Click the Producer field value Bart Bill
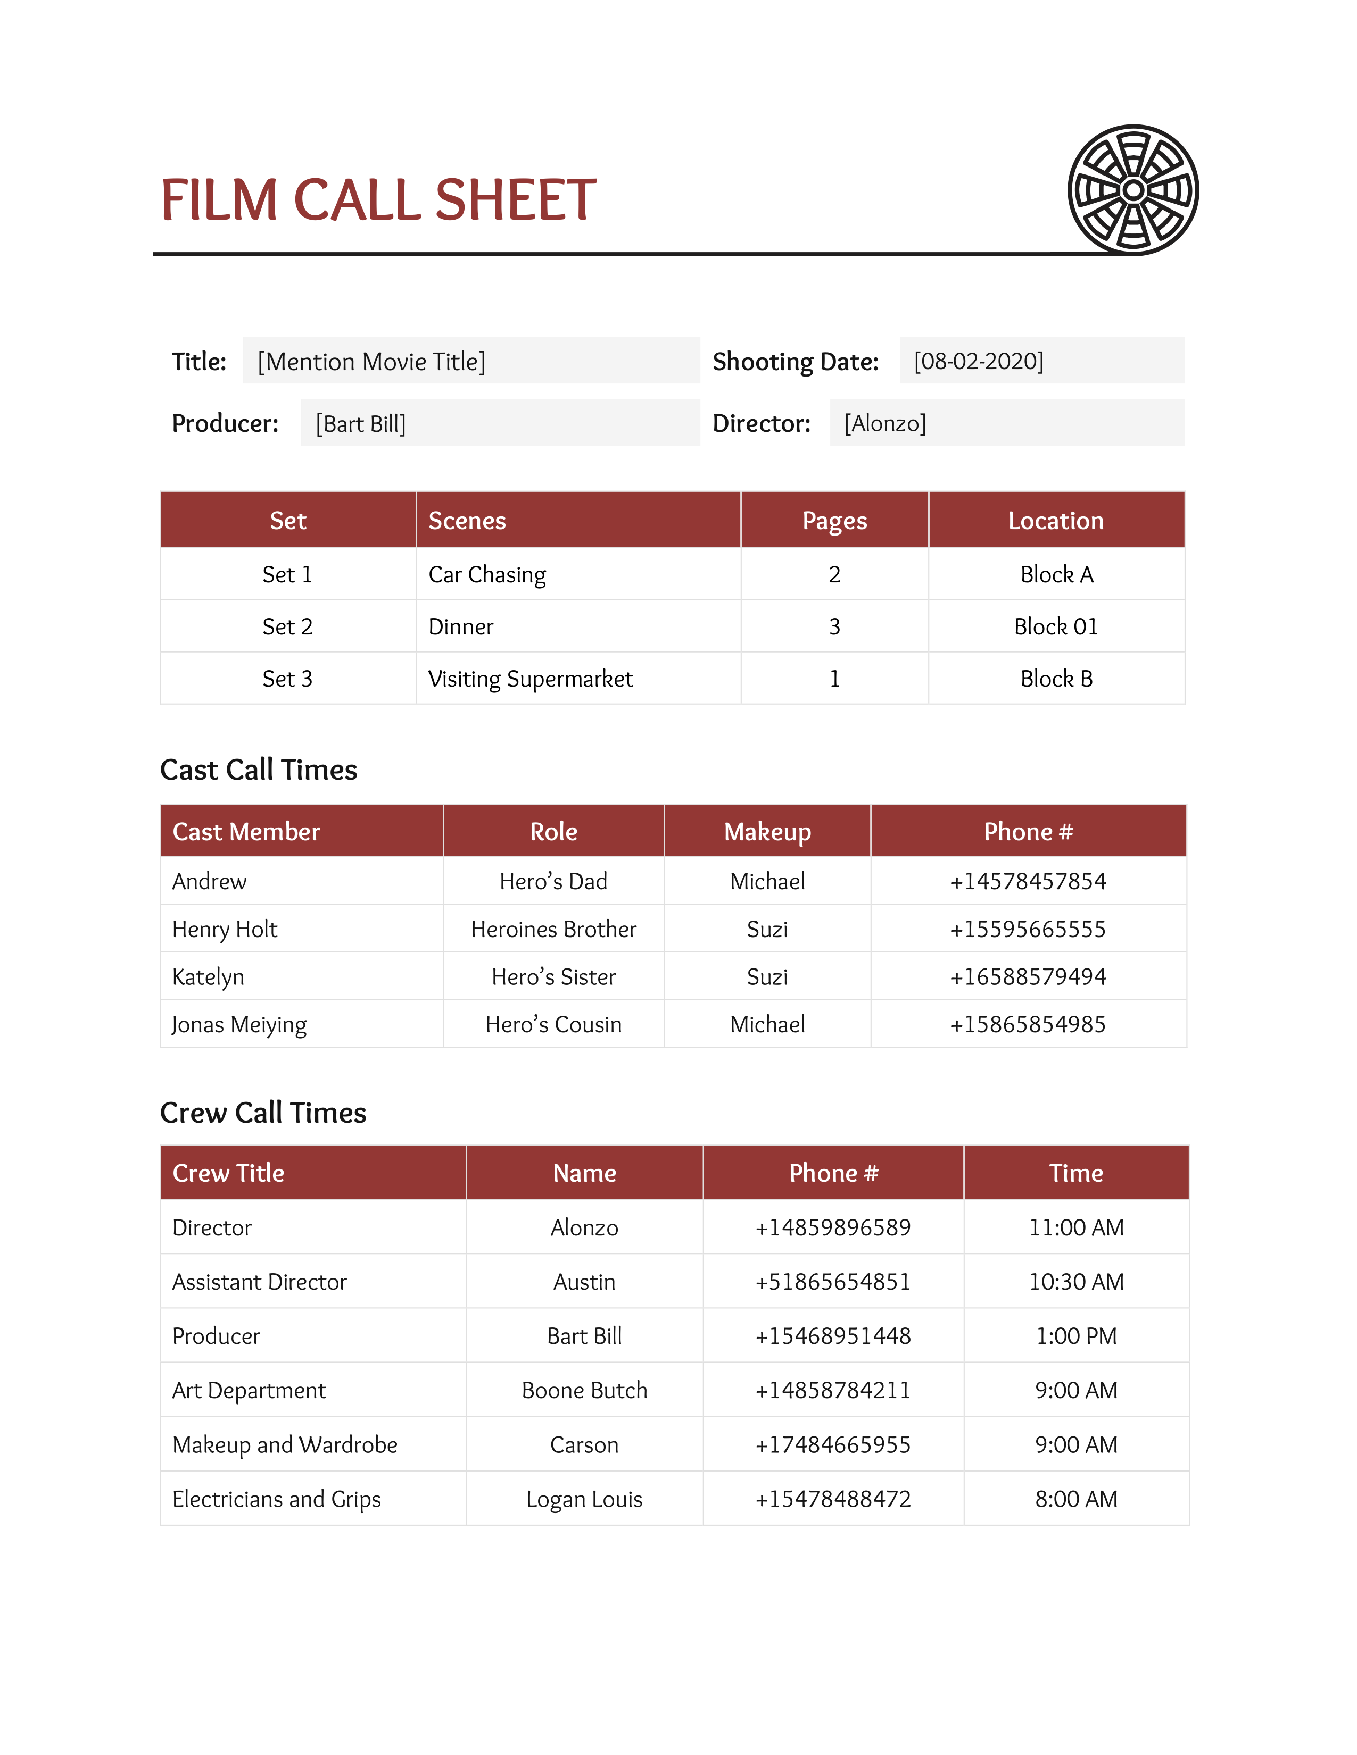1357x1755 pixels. pos(360,423)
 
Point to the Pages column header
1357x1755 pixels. pos(834,521)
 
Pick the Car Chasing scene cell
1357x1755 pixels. pos(487,574)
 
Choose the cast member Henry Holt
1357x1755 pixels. pos(225,929)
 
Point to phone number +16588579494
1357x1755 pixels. pos(1028,977)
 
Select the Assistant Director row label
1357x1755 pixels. pos(260,1282)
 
